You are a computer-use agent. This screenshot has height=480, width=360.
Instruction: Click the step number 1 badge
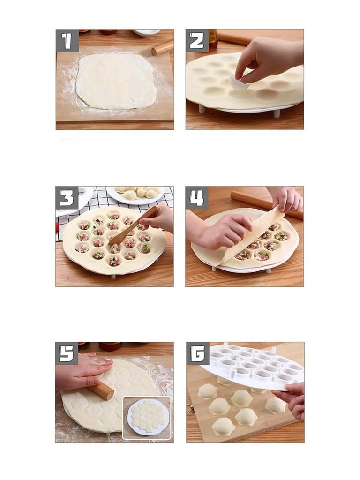coord(67,41)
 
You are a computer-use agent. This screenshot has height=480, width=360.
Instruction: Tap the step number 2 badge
coord(197,41)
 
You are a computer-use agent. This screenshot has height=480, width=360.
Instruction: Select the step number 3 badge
coord(67,198)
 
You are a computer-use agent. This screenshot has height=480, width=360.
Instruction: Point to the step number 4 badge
coord(197,198)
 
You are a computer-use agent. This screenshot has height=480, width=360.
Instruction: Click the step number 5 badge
coord(67,353)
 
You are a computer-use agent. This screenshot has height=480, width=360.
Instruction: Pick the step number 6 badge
coord(197,353)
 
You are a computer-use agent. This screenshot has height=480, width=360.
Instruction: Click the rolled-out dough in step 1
coord(115,81)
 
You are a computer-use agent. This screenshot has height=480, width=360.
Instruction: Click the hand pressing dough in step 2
coord(267,59)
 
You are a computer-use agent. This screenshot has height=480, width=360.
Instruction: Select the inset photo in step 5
coord(146,418)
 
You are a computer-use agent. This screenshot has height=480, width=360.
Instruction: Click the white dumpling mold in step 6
coord(253,366)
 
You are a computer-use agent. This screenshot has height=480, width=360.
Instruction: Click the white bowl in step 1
coord(146,32)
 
